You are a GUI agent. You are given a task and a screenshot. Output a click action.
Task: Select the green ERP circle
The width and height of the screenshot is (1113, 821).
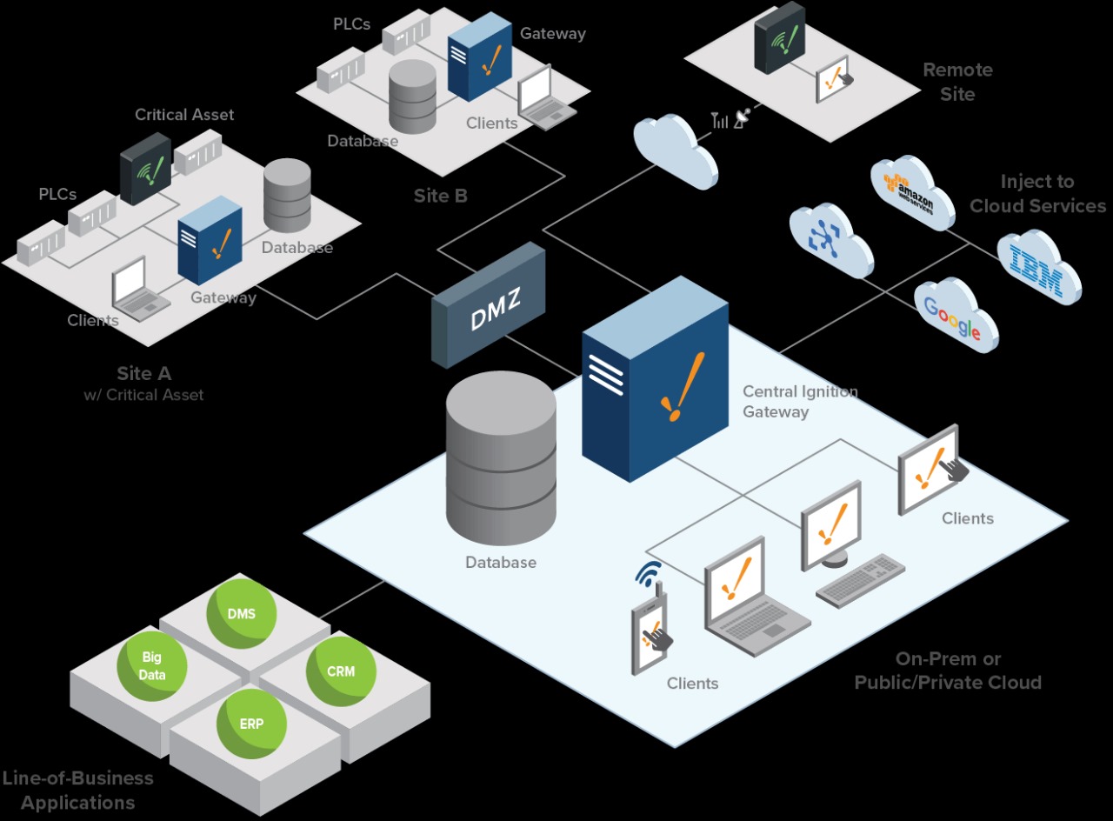251,723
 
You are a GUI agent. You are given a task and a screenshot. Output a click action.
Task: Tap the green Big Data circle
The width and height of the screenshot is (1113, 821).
153,665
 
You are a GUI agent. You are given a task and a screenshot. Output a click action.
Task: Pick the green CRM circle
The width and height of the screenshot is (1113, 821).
341,671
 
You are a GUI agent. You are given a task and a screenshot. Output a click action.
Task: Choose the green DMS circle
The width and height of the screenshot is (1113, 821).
242,613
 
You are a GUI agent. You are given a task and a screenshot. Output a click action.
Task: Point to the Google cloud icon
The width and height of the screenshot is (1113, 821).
955,315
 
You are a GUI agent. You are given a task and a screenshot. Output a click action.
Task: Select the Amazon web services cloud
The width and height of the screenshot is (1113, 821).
912,193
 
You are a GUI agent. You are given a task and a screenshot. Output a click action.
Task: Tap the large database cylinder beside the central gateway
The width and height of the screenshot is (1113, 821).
500,461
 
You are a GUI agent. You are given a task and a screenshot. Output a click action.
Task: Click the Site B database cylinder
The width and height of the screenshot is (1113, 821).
412,97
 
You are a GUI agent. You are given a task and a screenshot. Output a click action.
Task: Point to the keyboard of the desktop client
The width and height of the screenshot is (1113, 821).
859,580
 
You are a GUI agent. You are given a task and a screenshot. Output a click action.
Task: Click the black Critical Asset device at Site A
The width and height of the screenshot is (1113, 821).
145,169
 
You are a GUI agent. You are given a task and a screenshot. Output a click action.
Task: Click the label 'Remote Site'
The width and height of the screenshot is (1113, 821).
957,82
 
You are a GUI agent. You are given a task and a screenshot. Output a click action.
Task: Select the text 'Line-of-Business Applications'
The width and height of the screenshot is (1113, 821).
78,790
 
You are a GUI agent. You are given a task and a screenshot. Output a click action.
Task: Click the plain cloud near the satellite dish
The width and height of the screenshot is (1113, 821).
675,149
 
